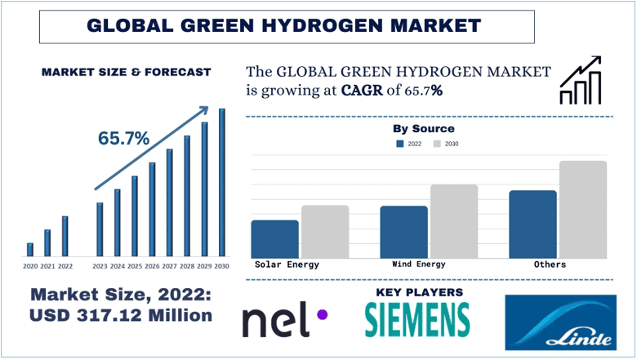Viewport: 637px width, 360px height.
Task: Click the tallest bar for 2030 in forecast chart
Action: click(x=221, y=184)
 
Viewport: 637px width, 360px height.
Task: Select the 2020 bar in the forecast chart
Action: click(x=30, y=250)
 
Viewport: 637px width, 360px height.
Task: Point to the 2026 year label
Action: click(x=152, y=266)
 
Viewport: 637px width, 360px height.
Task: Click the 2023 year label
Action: click(x=100, y=266)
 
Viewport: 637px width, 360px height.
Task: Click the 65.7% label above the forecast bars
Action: click(x=124, y=138)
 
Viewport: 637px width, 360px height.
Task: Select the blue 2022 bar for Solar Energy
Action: click(x=274, y=238)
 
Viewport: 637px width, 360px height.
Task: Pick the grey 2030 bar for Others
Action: click(x=583, y=209)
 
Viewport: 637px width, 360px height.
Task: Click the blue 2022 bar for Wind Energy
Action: click(x=403, y=232)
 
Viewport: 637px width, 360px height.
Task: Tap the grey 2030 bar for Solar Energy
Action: click(x=325, y=231)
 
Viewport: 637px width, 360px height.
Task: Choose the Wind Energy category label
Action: click(x=419, y=264)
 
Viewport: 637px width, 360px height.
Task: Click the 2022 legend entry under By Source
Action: click(x=408, y=144)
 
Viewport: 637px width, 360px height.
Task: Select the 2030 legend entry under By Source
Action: click(x=445, y=144)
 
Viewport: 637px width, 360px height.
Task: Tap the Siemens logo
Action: click(x=417, y=319)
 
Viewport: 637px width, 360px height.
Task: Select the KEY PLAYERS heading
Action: click(x=419, y=291)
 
